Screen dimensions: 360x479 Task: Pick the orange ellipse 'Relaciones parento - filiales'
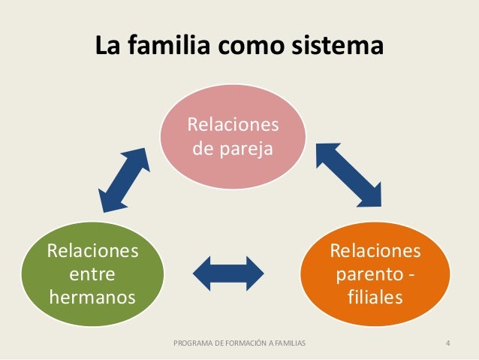click(x=375, y=274)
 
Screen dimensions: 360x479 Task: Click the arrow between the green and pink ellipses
click(x=124, y=179)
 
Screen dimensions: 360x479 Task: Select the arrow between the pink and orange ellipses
click(x=348, y=174)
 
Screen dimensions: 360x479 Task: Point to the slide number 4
click(x=447, y=344)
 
